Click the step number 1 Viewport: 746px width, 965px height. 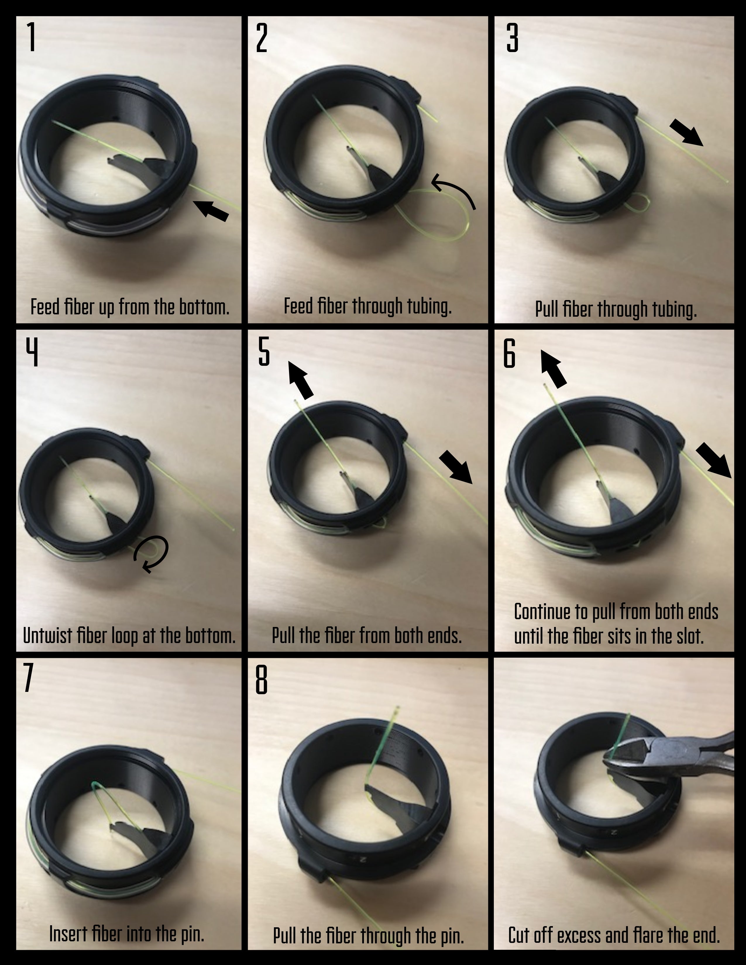31,37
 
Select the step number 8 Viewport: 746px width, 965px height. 262,681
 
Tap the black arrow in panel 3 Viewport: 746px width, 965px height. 686,132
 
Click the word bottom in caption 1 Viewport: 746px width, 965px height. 204,307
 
